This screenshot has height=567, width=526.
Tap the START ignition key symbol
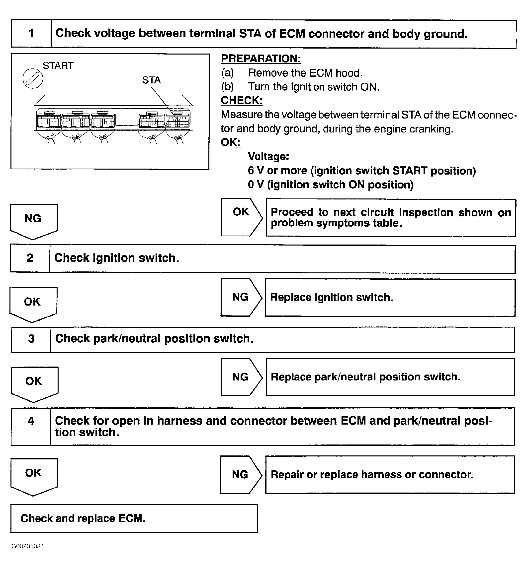tap(33, 78)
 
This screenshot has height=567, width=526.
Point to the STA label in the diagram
tap(151, 80)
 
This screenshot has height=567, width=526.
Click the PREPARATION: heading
tap(261, 59)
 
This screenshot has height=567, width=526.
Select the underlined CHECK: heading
tap(241, 100)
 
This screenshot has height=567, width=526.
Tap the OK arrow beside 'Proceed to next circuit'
tap(241, 217)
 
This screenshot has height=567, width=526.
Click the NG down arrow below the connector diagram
tap(34, 221)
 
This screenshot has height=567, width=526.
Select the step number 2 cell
tap(30, 258)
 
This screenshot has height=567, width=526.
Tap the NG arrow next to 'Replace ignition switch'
tap(241, 297)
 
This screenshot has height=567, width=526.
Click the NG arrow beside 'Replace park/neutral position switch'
tap(241, 377)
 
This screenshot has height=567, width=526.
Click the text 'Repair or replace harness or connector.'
tap(372, 475)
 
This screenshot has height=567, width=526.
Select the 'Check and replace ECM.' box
tap(134, 519)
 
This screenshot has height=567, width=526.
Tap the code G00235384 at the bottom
tap(28, 546)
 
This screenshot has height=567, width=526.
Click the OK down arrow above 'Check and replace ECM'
tap(34, 476)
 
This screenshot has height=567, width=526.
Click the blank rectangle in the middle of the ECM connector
tap(126, 120)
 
